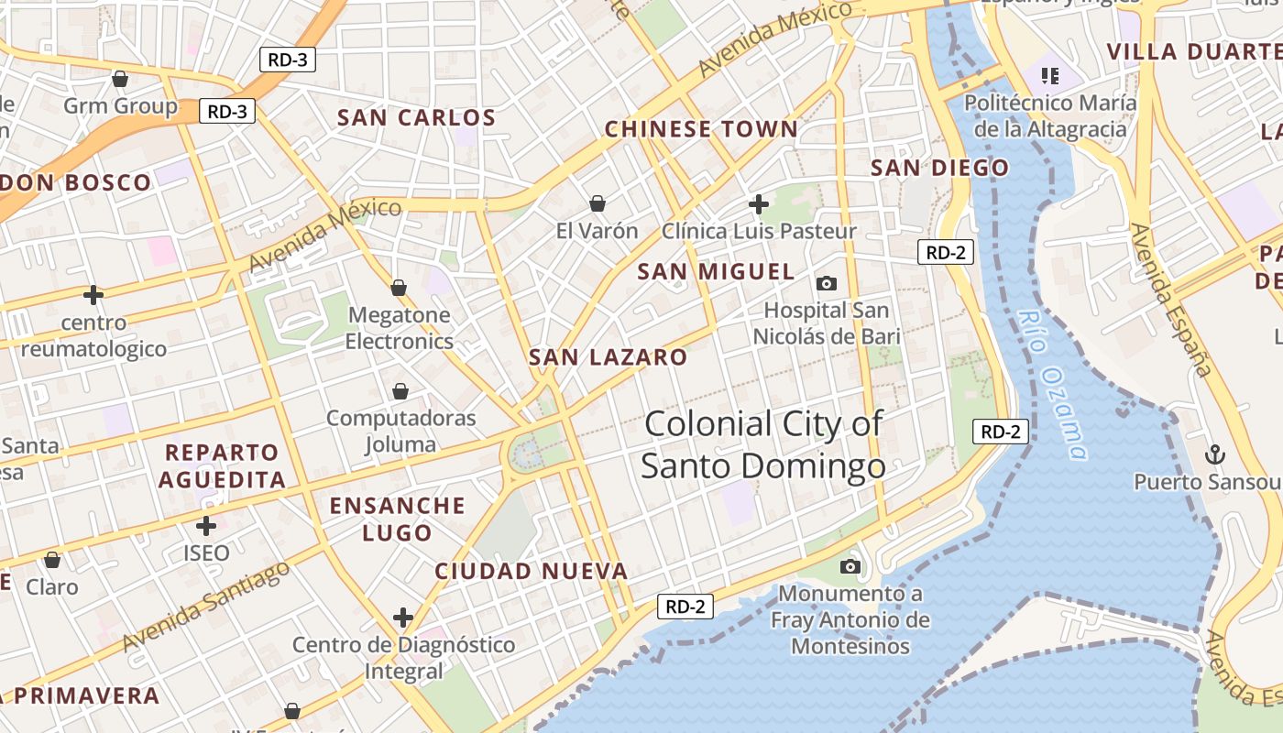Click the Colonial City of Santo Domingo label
coord(762,445)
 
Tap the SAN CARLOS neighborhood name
coord(416,117)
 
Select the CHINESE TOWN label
coord(701,129)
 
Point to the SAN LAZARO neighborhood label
coord(608,357)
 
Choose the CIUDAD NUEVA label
coord(532,572)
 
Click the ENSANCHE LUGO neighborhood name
coord(397,519)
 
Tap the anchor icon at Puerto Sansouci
coord(1214,454)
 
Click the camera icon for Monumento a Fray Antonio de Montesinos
coord(850,567)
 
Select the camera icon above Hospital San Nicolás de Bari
coord(827,283)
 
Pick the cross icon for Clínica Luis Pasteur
coord(759,203)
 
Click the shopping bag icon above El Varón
coord(598,202)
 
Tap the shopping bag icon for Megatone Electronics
coord(399,288)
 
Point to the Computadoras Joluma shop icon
coord(400,391)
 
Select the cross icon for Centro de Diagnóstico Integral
coord(403,618)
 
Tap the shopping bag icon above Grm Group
coord(120,79)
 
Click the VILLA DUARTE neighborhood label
coord(1193,51)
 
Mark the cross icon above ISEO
coord(206,526)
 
